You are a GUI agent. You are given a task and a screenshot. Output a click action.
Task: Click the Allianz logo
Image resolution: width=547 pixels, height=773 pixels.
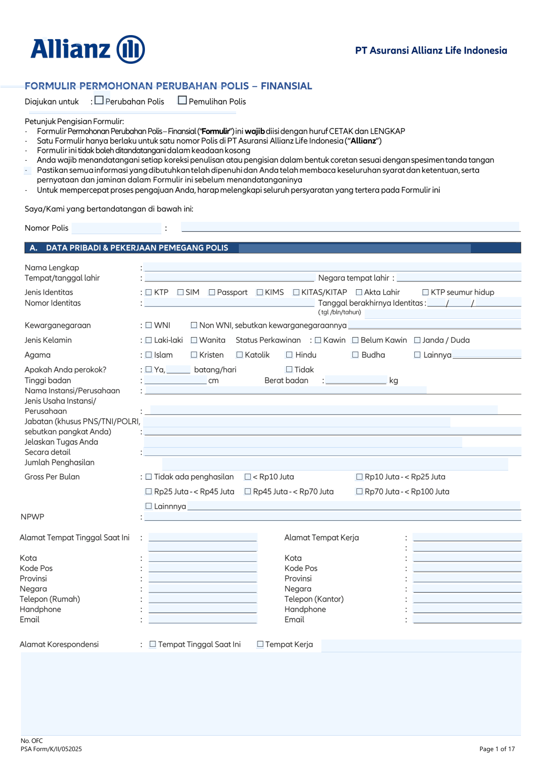88,49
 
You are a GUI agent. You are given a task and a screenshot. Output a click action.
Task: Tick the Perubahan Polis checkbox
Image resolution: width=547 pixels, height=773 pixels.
99,100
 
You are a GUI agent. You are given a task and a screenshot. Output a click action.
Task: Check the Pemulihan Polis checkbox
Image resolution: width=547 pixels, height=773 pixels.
182,100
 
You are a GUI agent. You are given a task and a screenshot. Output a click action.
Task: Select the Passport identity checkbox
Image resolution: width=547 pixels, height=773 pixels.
212,292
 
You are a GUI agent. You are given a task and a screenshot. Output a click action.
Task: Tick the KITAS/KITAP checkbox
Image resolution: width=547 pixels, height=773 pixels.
296,292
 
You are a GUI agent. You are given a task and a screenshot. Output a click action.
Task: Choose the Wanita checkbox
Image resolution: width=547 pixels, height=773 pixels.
194,340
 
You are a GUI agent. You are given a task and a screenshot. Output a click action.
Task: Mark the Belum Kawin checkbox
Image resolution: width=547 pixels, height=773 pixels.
356,340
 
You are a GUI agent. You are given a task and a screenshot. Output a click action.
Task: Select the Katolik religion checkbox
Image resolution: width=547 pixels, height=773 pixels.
240,355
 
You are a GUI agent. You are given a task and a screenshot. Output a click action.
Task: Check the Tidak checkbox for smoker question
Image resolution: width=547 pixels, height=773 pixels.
289,369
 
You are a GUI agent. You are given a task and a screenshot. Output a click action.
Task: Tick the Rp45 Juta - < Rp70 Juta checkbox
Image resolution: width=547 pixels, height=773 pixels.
248,491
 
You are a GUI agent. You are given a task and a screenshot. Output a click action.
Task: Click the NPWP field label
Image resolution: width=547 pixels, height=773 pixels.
32,517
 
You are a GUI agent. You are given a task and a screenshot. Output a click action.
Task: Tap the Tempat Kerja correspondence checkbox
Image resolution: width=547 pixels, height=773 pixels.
260,644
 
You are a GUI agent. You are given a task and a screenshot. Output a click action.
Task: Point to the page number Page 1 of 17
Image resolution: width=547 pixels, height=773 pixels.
497,749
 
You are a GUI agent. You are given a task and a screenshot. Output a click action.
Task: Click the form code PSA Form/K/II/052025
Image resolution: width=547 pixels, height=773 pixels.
51,749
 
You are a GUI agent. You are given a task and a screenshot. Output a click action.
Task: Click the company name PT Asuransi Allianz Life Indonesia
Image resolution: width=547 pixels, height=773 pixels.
431,51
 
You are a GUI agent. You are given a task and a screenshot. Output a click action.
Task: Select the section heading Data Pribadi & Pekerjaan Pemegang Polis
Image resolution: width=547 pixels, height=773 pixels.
137,248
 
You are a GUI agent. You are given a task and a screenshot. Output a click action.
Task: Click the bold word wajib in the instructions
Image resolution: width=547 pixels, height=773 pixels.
254,131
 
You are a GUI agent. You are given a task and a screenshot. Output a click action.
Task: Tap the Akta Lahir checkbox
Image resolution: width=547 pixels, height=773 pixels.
359,292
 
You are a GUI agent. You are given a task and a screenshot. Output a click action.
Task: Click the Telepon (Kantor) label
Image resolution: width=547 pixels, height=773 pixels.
314,599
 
